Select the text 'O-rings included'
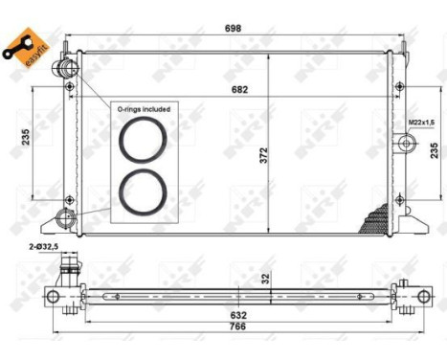tap(144, 109)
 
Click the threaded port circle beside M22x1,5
tap(407, 143)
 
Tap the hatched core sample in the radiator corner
tap(374, 221)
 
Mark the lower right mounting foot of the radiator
tap(410, 229)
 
